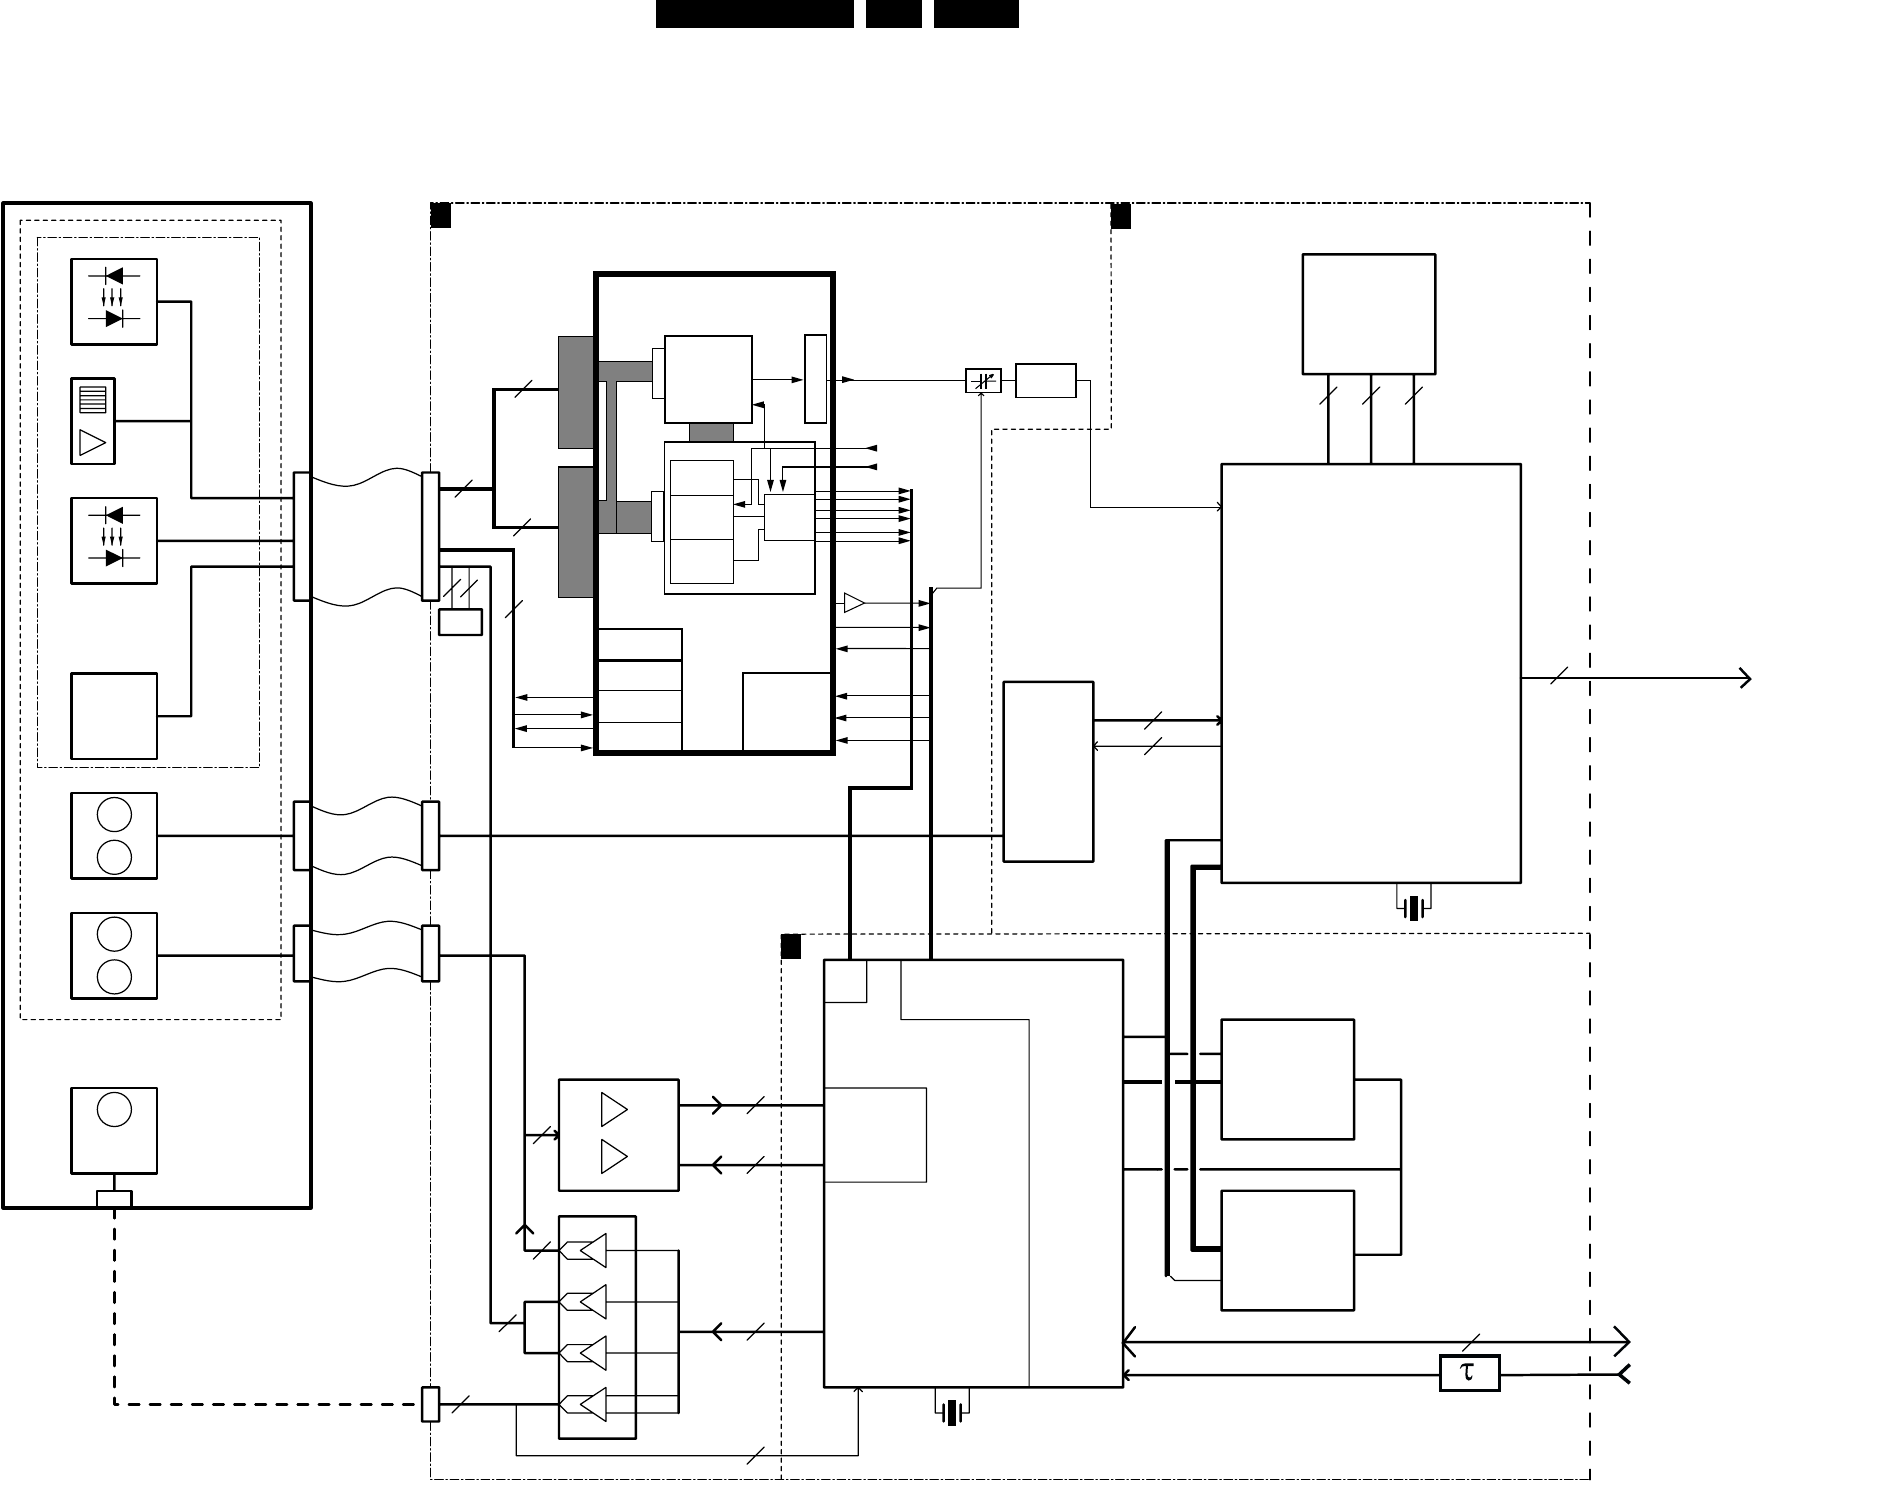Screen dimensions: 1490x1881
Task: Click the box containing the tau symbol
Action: coord(1469,1373)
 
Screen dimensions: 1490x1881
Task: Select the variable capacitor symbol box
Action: coord(983,381)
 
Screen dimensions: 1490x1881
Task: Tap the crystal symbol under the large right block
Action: coord(1413,907)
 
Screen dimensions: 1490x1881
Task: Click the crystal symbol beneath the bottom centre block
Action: coord(952,1412)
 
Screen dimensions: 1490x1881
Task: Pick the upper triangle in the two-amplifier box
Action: coord(614,1109)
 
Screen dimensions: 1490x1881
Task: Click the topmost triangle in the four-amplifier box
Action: coord(593,1250)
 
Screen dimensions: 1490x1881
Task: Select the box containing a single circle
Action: coord(114,1130)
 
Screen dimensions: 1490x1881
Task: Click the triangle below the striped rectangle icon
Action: coord(92,442)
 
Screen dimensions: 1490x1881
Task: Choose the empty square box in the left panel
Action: coord(114,716)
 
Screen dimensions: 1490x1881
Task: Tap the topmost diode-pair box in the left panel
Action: coord(114,302)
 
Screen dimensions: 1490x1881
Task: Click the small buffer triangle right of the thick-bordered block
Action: coord(854,603)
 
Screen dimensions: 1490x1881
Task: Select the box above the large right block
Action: coord(1368,314)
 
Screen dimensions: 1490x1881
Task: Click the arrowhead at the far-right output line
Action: coord(1745,678)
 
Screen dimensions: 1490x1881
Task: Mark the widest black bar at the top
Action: coord(755,14)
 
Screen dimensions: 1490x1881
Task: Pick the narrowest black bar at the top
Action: coord(893,14)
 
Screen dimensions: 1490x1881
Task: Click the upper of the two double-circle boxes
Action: coord(114,836)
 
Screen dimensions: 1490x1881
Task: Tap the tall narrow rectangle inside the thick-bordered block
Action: coord(815,379)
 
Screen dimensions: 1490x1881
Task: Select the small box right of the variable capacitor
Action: coord(1045,381)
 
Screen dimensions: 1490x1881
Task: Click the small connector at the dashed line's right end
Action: coord(430,1404)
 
